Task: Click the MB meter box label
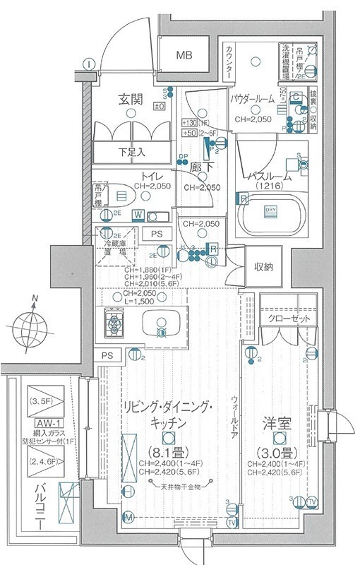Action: (x=184, y=55)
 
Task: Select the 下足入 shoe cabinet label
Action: (x=131, y=151)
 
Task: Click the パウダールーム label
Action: (x=257, y=100)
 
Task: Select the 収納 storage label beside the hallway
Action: (x=264, y=266)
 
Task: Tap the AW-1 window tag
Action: (x=45, y=422)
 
